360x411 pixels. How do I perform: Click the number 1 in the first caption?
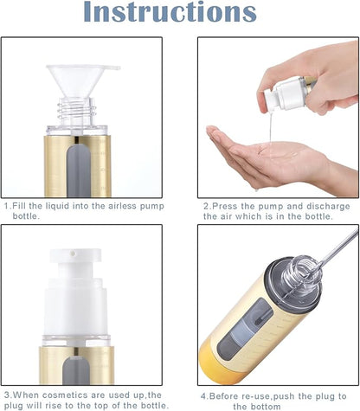[6, 206]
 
